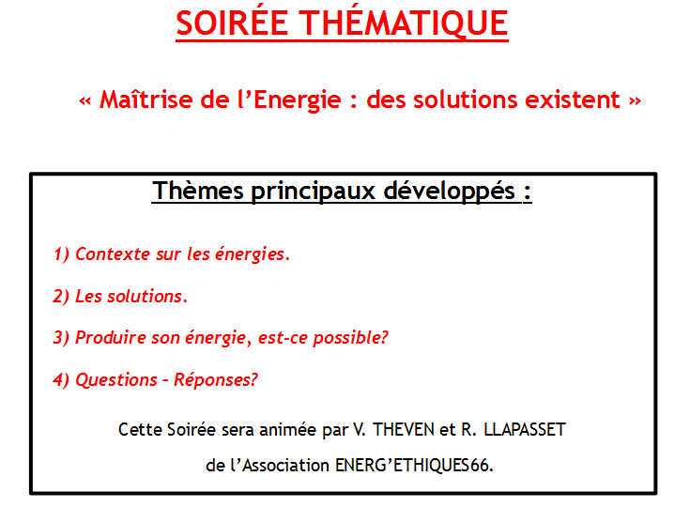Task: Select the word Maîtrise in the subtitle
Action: click(146, 99)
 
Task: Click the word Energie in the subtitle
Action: click(297, 100)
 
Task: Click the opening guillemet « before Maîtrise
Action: click(84, 101)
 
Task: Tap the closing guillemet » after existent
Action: click(635, 101)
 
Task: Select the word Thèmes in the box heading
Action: click(198, 191)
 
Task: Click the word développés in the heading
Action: click(450, 192)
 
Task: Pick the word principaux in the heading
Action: click(314, 192)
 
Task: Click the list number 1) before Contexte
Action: click(61, 254)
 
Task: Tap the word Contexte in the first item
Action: click(113, 253)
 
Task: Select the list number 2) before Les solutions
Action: click(61, 296)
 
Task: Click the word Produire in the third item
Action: click(111, 338)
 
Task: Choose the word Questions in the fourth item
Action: click(116, 380)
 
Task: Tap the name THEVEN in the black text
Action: click(404, 430)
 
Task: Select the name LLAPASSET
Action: click(525, 430)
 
